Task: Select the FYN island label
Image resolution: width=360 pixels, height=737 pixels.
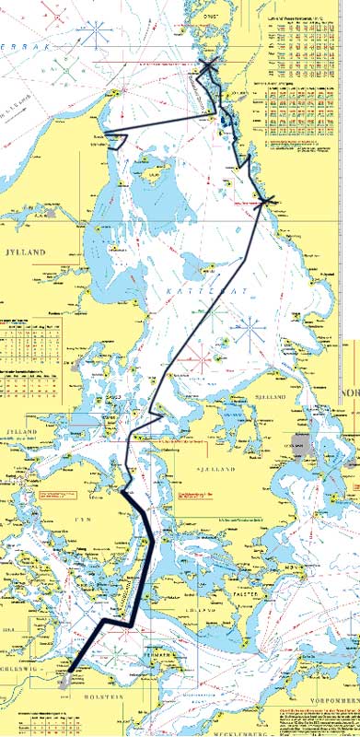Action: pyautogui.click(x=80, y=521)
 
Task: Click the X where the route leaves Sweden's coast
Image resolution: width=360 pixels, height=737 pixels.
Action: pyautogui.click(x=265, y=200)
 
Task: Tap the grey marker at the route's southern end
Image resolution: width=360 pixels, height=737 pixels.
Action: pyautogui.click(x=64, y=684)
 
